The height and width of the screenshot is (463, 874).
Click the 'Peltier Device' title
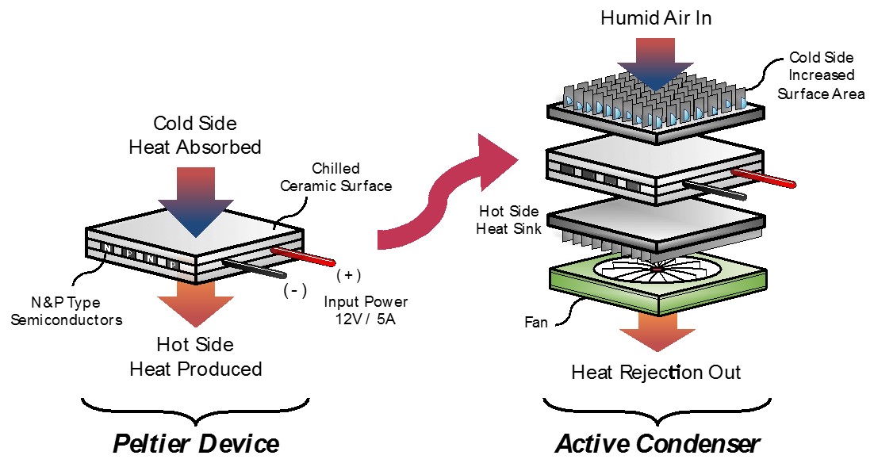click(x=196, y=442)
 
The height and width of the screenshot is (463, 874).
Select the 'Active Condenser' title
click(x=657, y=442)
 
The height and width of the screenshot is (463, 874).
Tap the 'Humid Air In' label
click(x=657, y=18)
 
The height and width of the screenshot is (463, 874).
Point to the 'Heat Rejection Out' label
click(x=656, y=372)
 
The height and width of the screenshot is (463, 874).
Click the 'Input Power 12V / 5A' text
click(x=366, y=312)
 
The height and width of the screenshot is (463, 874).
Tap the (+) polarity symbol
click(x=349, y=275)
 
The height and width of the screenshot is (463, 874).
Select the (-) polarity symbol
click(x=295, y=290)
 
